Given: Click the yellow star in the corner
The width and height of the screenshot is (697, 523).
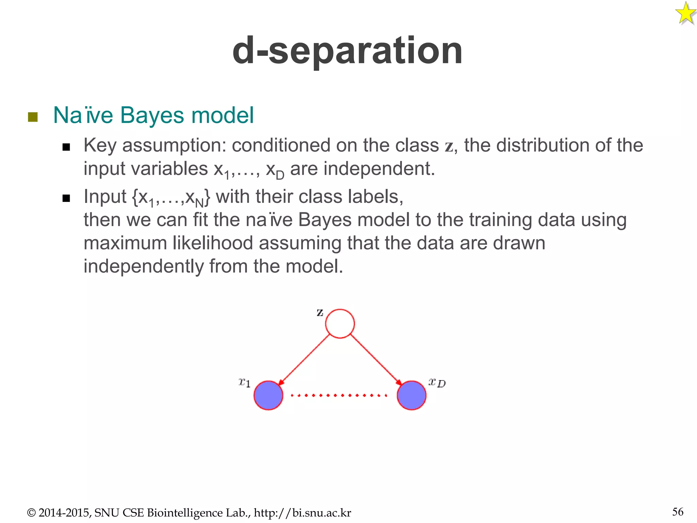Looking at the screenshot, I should tap(685, 14).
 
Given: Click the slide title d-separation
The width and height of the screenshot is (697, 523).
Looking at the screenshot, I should tap(347, 51).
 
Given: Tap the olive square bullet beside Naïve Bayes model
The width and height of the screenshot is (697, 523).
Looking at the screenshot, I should tap(33, 117).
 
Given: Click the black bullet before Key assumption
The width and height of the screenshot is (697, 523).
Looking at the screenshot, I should tap(66, 147).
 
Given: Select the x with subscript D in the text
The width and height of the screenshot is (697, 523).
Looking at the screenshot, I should tap(274, 170).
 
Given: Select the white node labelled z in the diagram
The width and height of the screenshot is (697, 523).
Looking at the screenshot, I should tap(340, 323).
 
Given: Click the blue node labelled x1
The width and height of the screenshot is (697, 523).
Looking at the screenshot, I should tap(268, 395).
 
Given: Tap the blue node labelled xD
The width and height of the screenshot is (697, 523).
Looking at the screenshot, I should tap(411, 395).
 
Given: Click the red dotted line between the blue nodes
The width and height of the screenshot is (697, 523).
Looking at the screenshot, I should tap(339, 395).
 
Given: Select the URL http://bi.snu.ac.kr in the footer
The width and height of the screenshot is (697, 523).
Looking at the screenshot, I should tap(302, 513).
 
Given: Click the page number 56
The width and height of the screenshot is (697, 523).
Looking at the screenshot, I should tap(678, 512).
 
